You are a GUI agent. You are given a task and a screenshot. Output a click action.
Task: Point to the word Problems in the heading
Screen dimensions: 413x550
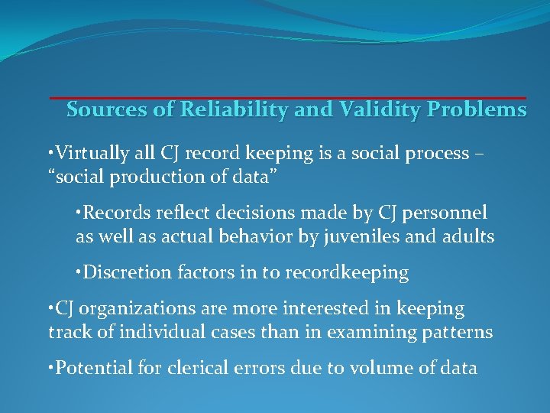pos(477,110)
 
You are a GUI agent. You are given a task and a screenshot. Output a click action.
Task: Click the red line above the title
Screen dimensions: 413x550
pos(288,98)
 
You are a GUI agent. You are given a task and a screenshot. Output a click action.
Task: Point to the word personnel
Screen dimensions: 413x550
pos(448,213)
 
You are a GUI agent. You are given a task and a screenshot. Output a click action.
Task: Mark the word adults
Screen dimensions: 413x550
pos(468,237)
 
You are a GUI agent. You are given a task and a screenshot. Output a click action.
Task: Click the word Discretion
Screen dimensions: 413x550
pos(121,272)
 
